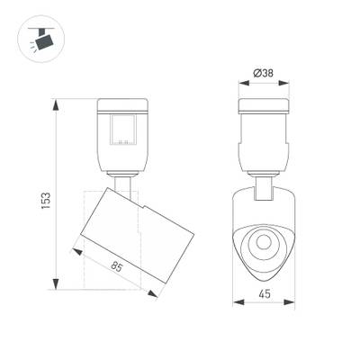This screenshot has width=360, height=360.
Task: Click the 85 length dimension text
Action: click(x=116, y=266)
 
